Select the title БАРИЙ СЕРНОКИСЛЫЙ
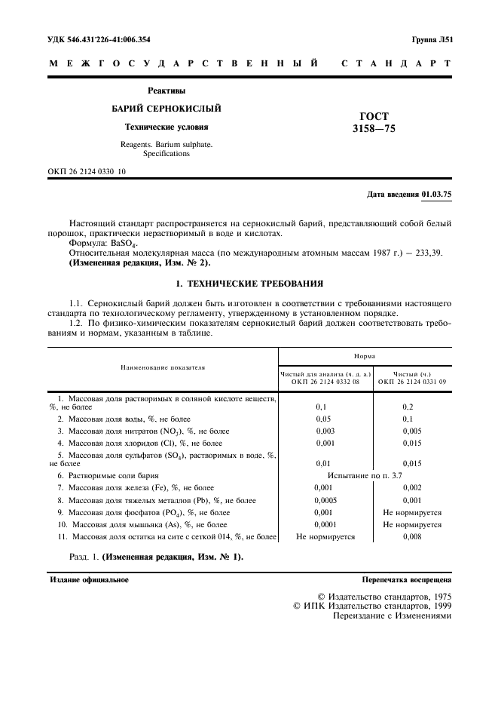[167, 109]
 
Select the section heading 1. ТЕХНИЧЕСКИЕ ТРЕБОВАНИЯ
[249, 284]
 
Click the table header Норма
[365, 355]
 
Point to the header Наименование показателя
[163, 367]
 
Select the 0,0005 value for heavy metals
[325, 500]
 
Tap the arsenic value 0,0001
[325, 524]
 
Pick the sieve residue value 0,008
[411, 536]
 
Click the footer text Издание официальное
[89, 580]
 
